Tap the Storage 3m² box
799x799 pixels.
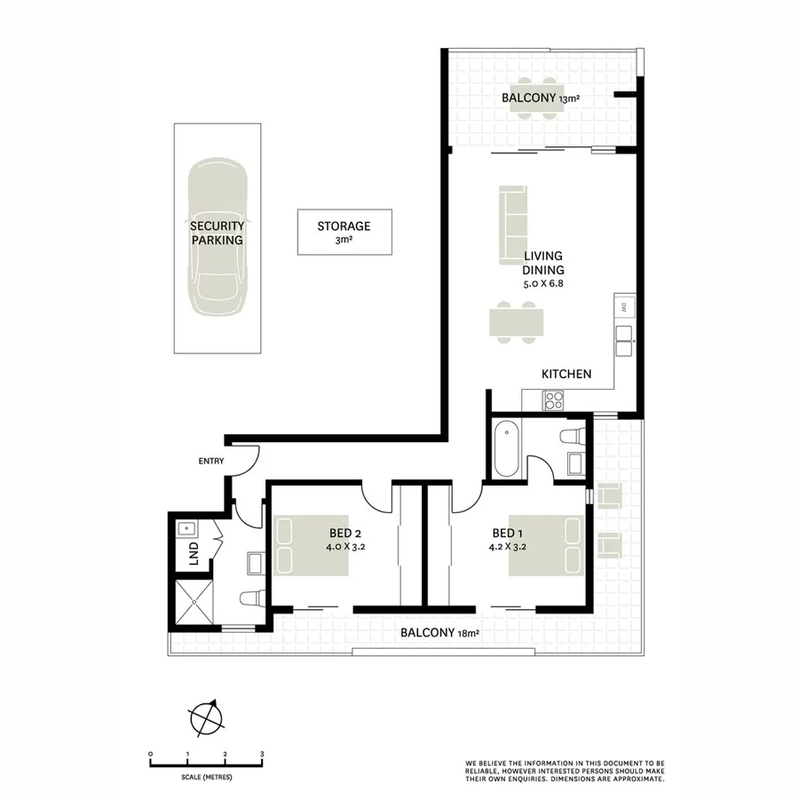point(344,233)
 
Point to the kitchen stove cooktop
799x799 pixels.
point(555,399)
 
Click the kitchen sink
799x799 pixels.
point(625,335)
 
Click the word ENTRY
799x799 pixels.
point(211,461)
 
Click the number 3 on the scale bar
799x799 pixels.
point(262,754)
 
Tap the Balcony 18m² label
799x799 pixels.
point(439,633)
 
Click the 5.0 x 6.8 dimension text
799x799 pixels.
point(543,284)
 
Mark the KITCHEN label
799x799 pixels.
point(566,374)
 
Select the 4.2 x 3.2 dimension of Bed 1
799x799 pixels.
point(512,547)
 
